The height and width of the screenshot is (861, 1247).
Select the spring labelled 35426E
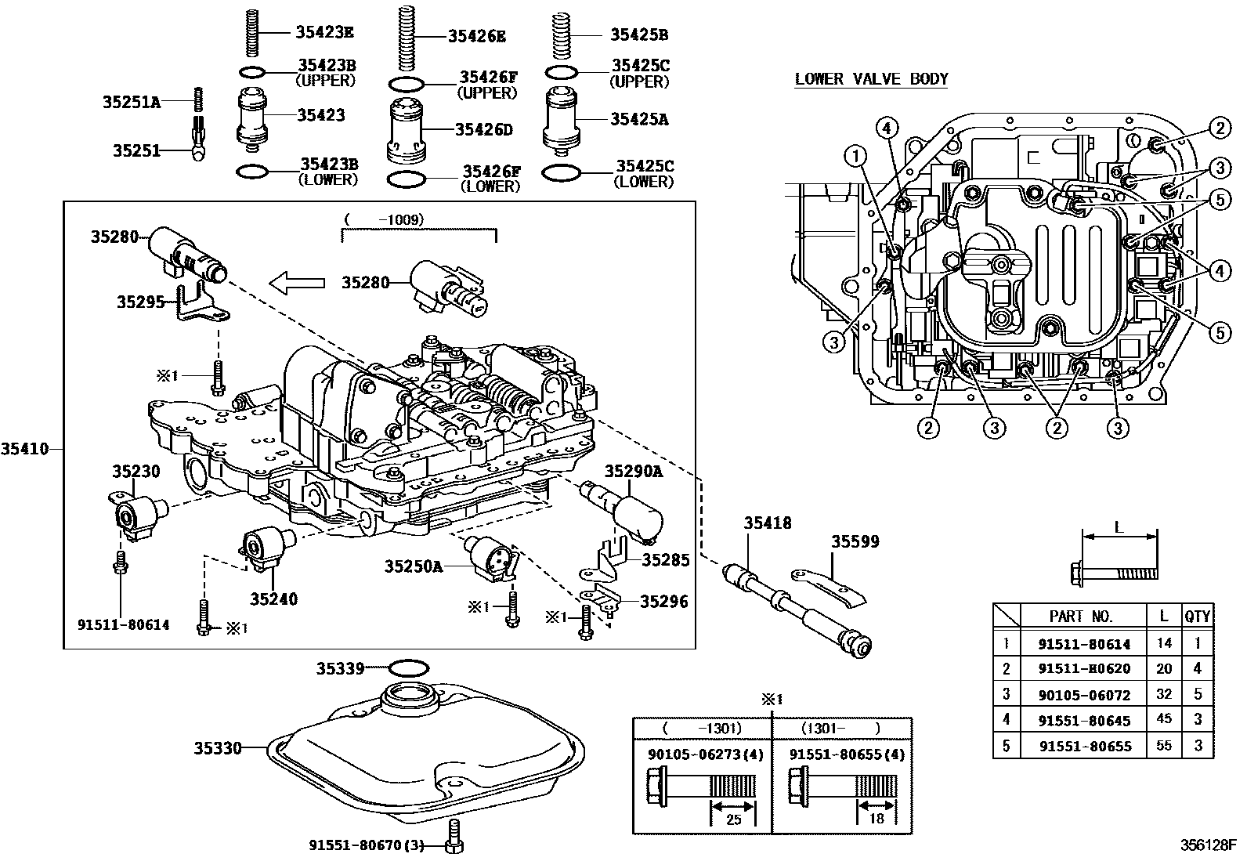(x=405, y=38)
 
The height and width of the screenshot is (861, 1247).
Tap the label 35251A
(x=131, y=102)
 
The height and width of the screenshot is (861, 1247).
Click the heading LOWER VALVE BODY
(x=871, y=79)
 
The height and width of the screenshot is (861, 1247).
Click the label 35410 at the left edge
(x=24, y=449)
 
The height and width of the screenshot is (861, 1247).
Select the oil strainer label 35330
(x=218, y=748)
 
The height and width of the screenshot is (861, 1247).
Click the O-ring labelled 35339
(x=408, y=668)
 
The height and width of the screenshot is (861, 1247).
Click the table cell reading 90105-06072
(x=1084, y=694)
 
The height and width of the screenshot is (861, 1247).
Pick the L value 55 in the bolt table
(x=1164, y=745)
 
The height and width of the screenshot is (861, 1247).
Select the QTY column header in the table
(x=1197, y=616)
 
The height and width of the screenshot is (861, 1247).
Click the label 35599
(x=855, y=541)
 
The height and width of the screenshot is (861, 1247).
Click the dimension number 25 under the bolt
(x=732, y=819)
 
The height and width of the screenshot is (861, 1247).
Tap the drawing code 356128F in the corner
(x=1208, y=845)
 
